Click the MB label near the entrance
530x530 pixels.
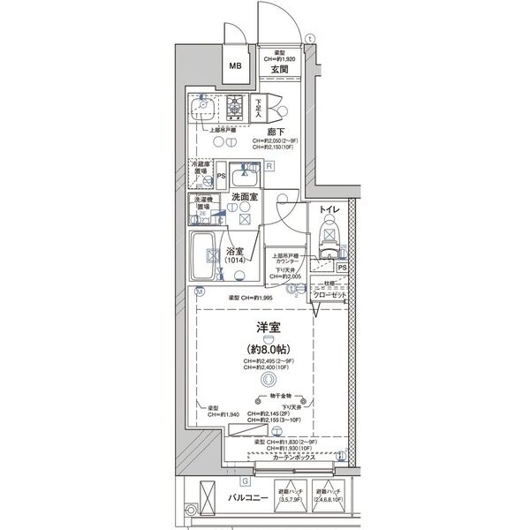click(x=235, y=66)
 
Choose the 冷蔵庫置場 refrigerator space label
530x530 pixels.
click(x=201, y=168)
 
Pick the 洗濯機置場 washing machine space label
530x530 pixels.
click(x=202, y=203)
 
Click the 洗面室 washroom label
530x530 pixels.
click(x=244, y=198)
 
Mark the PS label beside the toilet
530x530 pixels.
click(x=342, y=267)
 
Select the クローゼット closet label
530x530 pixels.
click(x=331, y=294)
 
